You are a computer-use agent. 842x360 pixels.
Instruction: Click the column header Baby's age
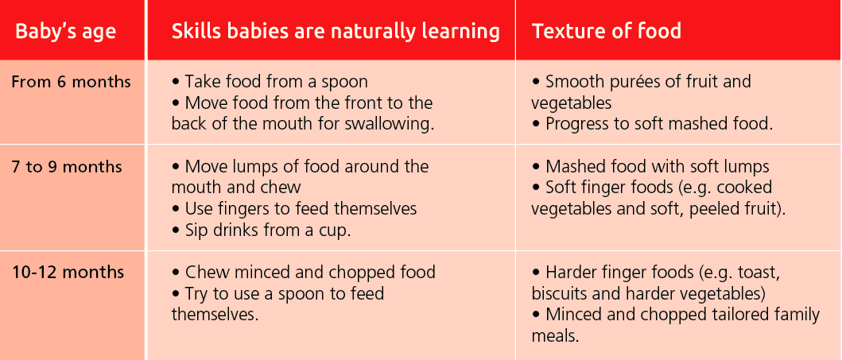click(65, 31)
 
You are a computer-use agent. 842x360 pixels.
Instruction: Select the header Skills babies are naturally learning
click(336, 31)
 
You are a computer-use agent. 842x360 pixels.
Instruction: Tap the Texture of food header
click(607, 30)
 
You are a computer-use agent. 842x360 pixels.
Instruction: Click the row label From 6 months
click(71, 82)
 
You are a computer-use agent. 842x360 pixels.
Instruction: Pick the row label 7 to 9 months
click(67, 167)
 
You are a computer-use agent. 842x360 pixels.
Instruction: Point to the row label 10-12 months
click(68, 272)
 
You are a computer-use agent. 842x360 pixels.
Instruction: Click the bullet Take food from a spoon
click(270, 82)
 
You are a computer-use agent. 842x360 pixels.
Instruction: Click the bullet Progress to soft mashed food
click(652, 124)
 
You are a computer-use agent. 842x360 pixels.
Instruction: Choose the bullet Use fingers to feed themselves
click(294, 209)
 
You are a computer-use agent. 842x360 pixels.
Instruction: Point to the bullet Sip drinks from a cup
click(262, 230)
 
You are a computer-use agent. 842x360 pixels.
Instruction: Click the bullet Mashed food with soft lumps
click(650, 167)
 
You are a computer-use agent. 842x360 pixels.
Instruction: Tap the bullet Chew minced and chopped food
click(304, 273)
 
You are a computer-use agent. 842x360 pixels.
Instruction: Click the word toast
click(759, 273)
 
